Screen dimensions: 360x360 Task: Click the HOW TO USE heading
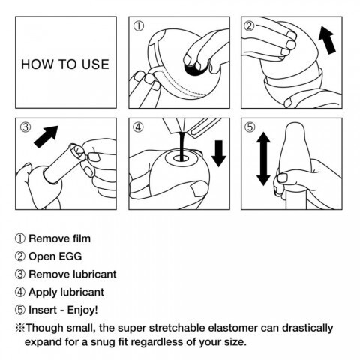(65, 64)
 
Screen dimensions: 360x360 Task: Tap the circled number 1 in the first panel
(139, 26)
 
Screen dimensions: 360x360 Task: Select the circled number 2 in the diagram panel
(249, 26)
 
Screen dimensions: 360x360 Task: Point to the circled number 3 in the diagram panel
(25, 127)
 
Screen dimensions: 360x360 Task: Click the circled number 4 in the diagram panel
(138, 127)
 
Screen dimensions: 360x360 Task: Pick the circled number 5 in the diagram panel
(250, 127)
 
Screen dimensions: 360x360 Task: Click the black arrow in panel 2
(328, 40)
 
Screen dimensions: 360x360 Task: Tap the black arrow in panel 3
(46, 136)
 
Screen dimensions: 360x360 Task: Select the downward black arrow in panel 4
(219, 154)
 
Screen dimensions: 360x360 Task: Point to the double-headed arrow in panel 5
(263, 159)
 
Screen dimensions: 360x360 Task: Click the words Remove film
(60, 238)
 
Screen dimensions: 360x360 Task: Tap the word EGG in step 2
(70, 256)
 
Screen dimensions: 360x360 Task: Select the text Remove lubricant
(73, 274)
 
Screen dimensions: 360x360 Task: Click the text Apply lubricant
(67, 292)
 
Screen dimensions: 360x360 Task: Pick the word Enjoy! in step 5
(82, 310)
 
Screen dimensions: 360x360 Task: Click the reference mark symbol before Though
(19, 328)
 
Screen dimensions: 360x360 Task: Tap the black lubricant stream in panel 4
(182, 146)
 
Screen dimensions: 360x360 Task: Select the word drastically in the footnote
(307, 328)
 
